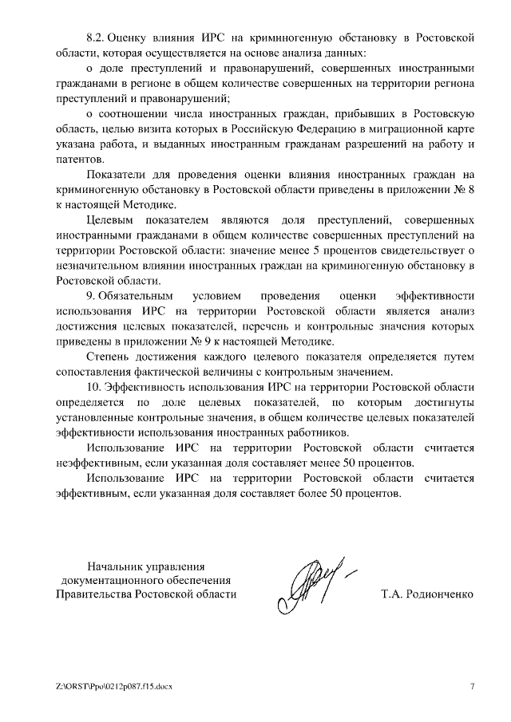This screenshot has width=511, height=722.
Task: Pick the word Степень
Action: [x=109, y=357]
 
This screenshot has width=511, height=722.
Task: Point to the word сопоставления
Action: [x=92, y=372]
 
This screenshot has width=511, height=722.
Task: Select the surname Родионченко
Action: [x=439, y=595]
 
